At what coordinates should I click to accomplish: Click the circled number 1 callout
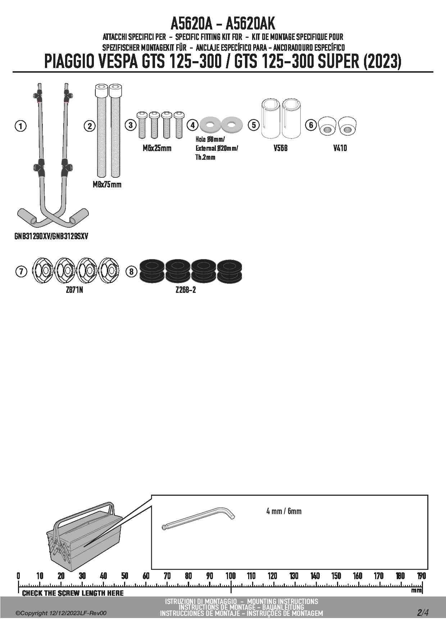point(21,126)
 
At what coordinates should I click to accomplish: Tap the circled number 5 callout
point(254,125)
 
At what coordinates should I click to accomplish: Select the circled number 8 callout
point(132,271)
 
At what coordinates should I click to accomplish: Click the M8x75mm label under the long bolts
point(107,185)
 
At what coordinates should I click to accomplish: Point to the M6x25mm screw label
point(157,148)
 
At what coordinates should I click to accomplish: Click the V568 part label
point(280,148)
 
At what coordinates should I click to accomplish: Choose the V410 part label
point(340,148)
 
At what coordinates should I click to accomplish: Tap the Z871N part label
point(74,290)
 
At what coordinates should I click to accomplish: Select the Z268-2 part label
point(186,290)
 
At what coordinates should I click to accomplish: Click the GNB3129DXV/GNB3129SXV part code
point(51,236)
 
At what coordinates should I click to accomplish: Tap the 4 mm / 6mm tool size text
point(284,511)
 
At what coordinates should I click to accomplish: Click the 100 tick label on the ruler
point(231,576)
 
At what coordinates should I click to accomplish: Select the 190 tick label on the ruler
point(421,576)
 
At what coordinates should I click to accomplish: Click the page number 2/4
point(423,612)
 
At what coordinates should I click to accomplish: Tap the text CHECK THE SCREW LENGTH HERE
point(73,593)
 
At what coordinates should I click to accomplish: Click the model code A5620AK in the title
point(250,24)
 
